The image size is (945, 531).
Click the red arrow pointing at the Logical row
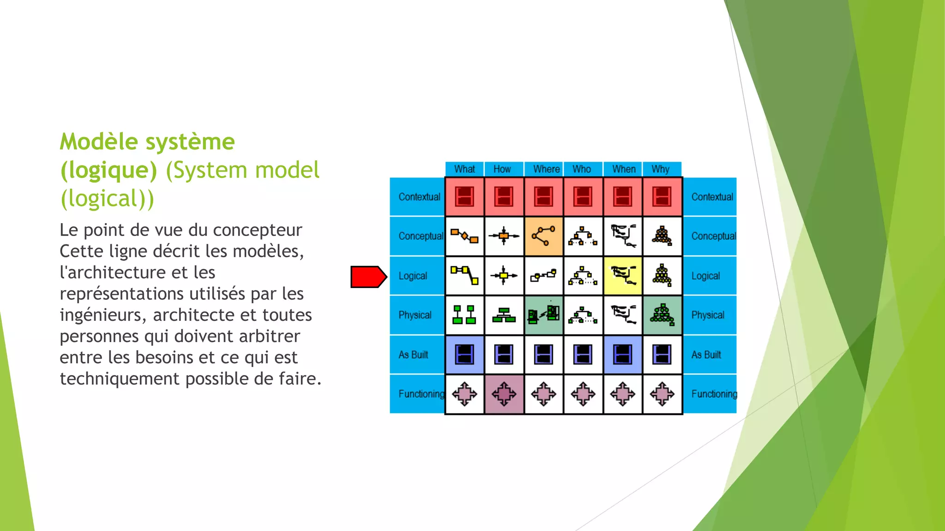pos(368,277)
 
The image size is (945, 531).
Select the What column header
pos(464,169)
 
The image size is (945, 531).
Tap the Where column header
pos(546,169)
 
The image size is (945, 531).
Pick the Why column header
pos(660,169)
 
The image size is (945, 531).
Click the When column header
pos(623,169)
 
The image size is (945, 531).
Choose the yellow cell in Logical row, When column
pos(623,276)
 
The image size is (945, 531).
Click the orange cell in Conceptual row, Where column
pos(544,236)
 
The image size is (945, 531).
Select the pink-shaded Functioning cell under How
pos(504,394)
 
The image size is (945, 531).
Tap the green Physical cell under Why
pos(662,315)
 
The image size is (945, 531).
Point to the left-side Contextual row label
pos(419,197)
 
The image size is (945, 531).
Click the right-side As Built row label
pos(706,355)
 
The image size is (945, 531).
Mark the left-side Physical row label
pos(415,315)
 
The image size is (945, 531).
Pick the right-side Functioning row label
pos(714,394)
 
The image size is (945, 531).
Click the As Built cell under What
pos(464,354)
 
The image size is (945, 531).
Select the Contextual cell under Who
pos(583,197)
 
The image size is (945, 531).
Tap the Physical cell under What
pos(464,315)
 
